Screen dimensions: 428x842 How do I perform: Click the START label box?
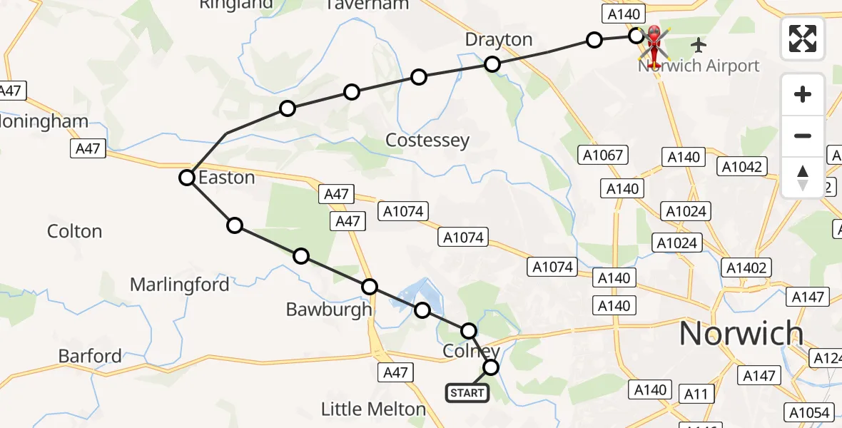point(467,392)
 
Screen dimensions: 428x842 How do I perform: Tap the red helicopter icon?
point(654,41)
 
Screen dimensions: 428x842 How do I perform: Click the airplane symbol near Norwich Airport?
point(699,46)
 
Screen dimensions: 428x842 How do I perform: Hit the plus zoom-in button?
point(803,95)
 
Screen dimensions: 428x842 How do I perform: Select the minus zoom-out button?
point(803,136)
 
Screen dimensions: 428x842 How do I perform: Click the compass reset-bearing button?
point(803,177)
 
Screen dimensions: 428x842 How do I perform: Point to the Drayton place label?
point(499,39)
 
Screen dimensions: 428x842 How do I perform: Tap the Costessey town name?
point(427,141)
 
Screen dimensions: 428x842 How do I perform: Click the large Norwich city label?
point(741,333)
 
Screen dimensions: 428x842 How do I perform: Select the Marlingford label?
point(179,285)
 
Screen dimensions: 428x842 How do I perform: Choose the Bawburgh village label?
point(329,310)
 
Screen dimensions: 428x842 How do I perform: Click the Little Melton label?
point(373,409)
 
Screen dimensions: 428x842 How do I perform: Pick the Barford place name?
point(90,356)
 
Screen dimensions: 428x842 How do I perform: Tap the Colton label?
point(75,231)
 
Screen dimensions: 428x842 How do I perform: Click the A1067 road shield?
point(603,155)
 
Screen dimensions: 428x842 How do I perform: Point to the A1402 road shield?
point(747,267)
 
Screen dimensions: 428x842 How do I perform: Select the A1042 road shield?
point(742,167)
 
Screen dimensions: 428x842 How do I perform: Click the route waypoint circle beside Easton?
point(187,178)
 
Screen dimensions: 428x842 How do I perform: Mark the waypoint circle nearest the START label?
point(491,367)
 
